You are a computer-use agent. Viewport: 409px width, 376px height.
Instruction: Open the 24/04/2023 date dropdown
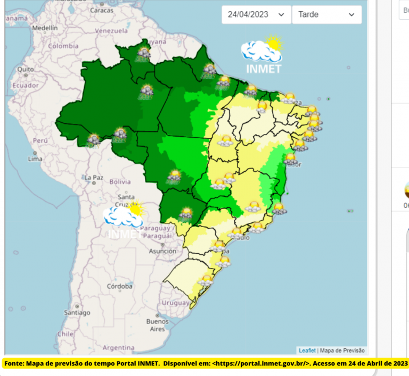(256, 15)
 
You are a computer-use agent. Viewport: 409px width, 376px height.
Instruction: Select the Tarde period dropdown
(326, 15)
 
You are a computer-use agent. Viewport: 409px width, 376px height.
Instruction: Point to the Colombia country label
(63, 46)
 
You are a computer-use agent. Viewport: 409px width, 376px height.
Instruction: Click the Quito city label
(25, 69)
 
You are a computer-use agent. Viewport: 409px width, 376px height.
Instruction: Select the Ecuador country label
(26, 85)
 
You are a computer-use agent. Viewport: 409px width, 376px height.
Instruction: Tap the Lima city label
(35, 158)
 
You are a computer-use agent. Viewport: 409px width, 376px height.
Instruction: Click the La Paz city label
(93, 177)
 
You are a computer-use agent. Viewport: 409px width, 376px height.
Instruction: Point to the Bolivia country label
(120, 181)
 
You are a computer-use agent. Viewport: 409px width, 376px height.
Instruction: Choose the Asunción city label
(163, 250)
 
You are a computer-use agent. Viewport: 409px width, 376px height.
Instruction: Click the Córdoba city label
(119, 286)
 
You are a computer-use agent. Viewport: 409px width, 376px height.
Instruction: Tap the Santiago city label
(75, 313)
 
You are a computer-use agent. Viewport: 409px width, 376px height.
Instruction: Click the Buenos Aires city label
(157, 325)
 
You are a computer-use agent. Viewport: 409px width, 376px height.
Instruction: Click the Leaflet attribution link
(307, 350)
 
